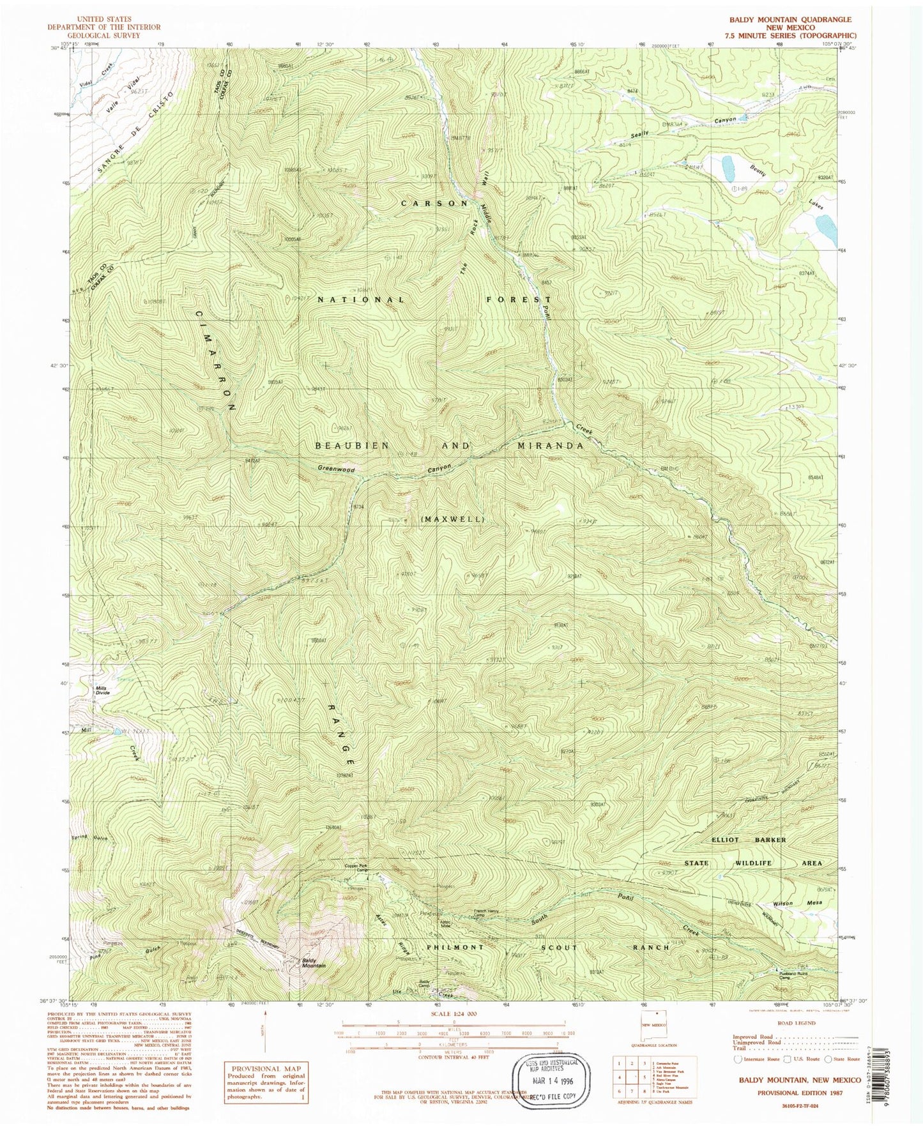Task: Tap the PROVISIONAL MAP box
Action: pyautogui.click(x=264, y=1080)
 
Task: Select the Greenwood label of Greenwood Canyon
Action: pyautogui.click(x=337, y=469)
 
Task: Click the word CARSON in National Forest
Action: pyautogui.click(x=435, y=203)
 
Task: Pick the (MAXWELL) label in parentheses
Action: pyautogui.click(x=452, y=519)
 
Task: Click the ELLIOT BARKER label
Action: pyautogui.click(x=746, y=840)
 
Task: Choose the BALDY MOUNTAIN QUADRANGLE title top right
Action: pyautogui.click(x=793, y=20)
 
